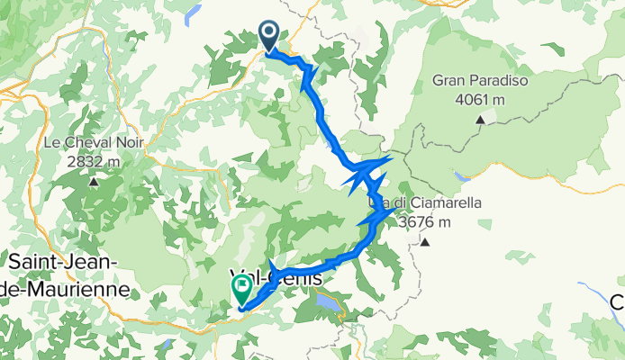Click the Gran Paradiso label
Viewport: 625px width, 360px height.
coord(480,81)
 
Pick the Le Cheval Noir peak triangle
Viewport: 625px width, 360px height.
coord(94,183)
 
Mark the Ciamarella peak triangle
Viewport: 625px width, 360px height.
coord(424,242)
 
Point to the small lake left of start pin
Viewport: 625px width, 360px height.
coord(192,14)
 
